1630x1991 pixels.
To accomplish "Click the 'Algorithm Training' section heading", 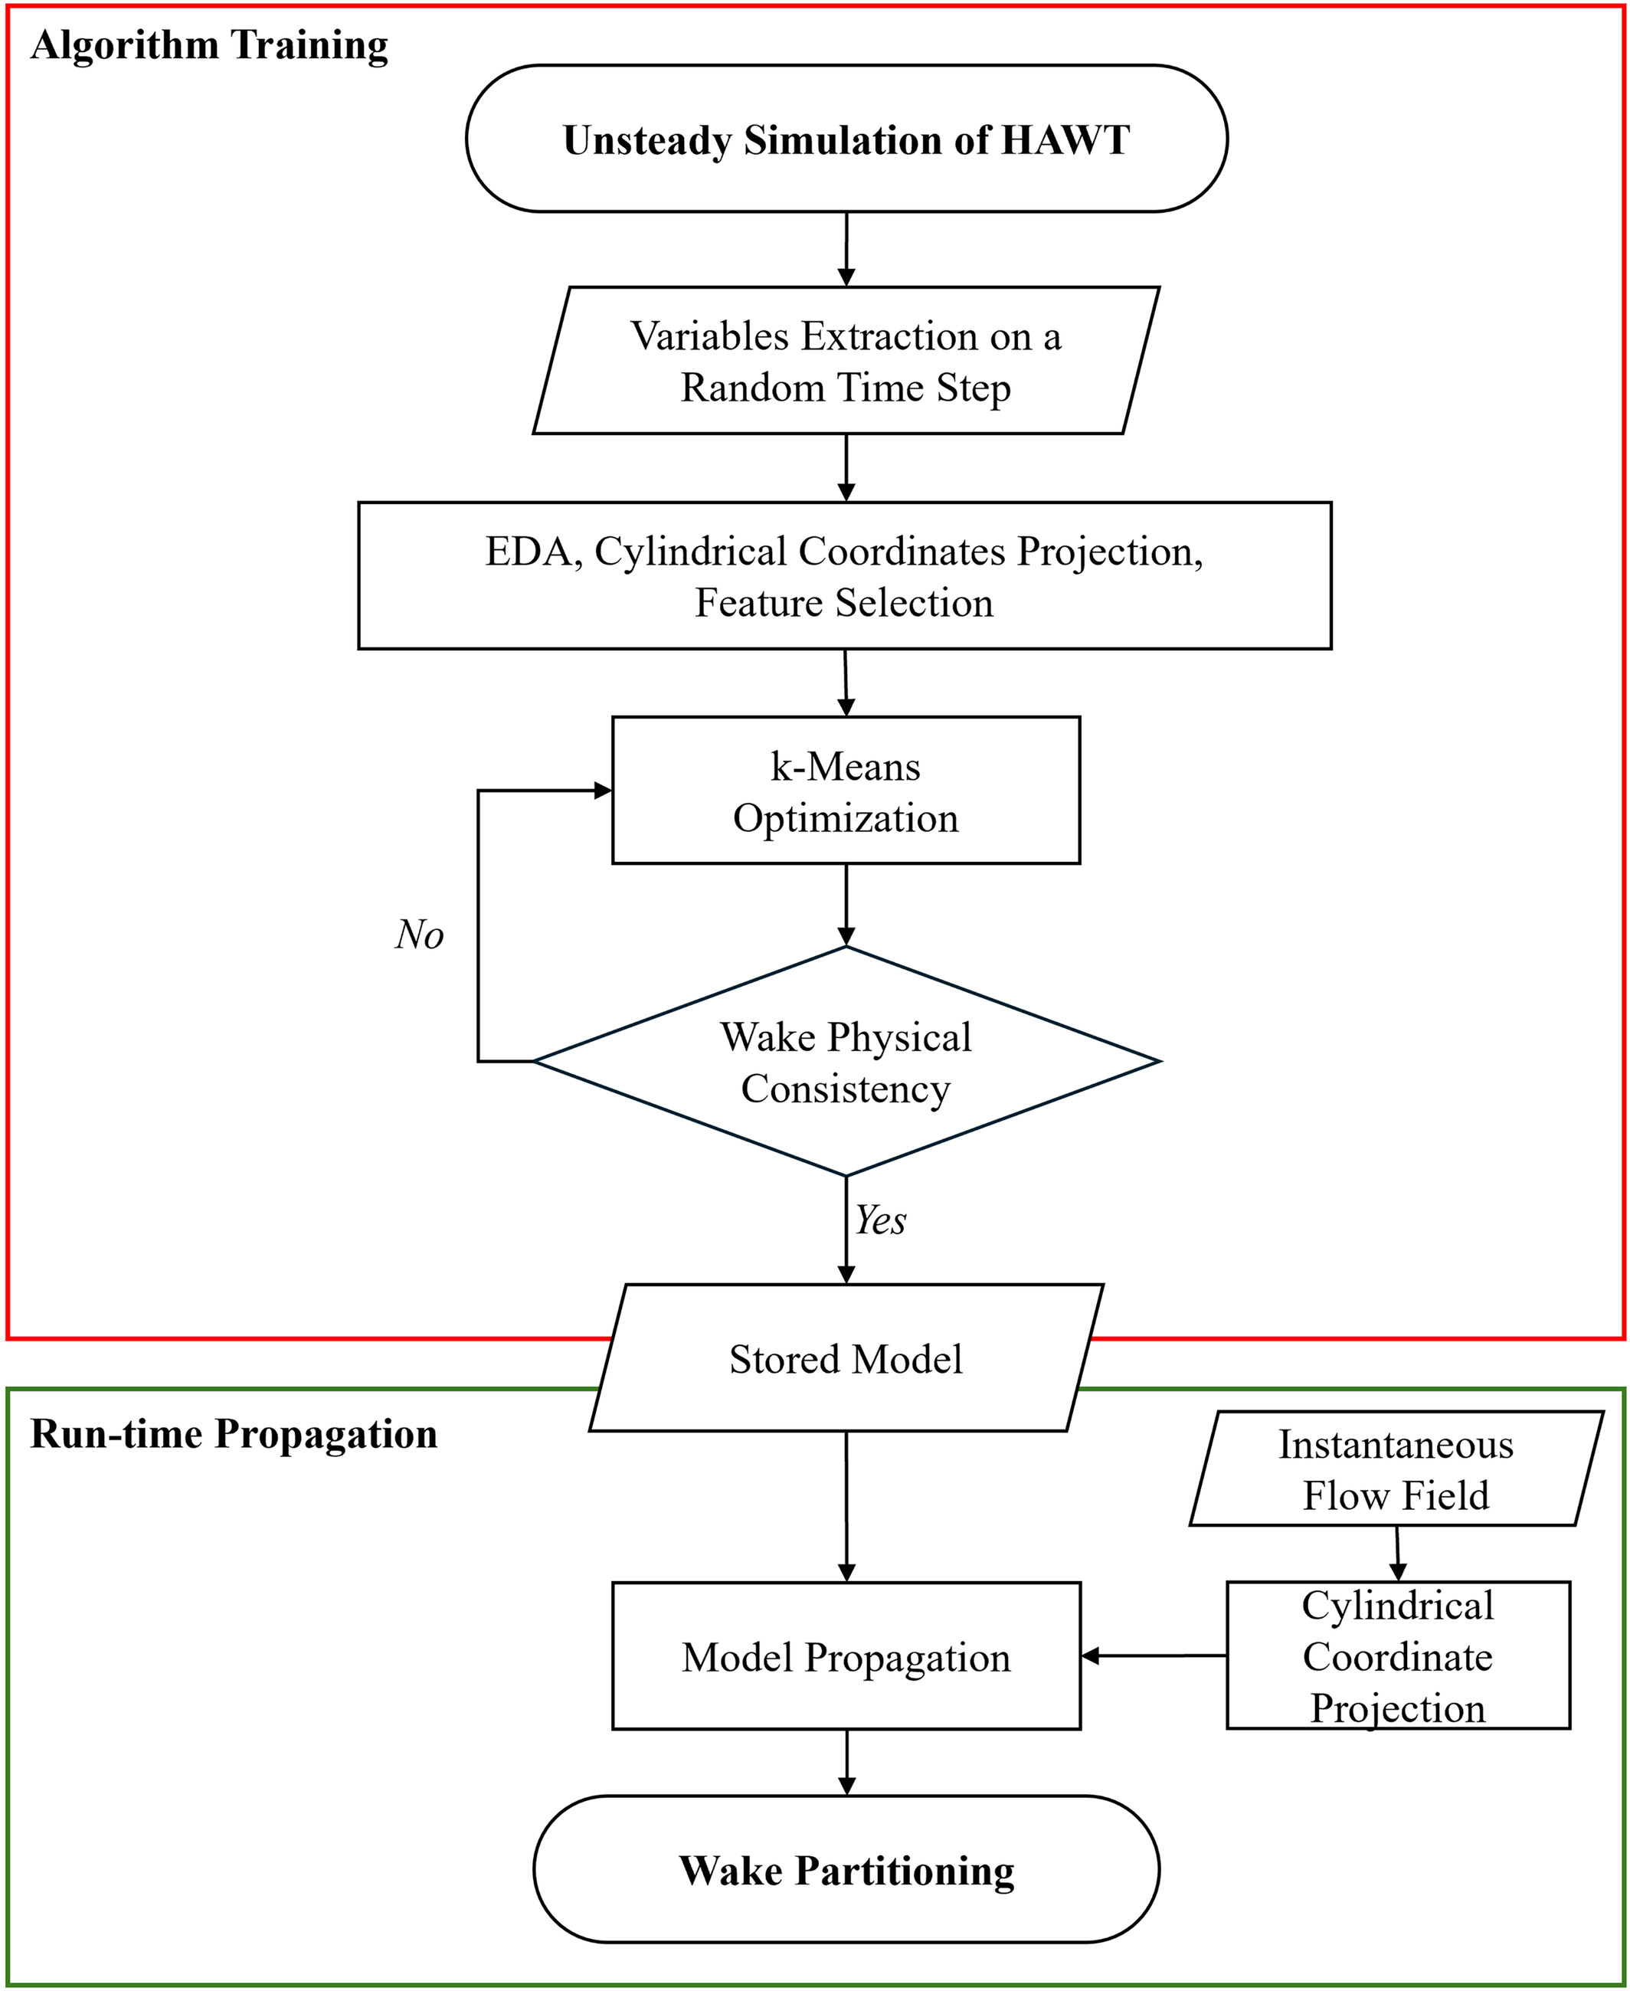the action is coord(209,46).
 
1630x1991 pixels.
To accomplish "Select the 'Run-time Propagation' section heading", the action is coord(234,1434).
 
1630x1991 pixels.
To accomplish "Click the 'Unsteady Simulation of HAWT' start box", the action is coord(846,138).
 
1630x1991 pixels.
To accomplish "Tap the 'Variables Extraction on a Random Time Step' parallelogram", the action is coord(846,361).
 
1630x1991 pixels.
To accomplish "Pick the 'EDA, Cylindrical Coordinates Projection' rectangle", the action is coord(844,576).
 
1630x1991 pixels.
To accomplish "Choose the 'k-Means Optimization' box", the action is coord(846,791).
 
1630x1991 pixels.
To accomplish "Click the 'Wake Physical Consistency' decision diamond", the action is coord(846,1061).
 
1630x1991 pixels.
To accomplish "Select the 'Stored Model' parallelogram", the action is coord(846,1358).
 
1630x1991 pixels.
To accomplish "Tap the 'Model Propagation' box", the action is coord(846,1657).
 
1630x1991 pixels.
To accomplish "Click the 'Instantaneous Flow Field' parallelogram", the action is coord(1396,1469).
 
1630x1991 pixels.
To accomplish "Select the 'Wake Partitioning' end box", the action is coord(846,1870).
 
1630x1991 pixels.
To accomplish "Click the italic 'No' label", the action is coord(419,935).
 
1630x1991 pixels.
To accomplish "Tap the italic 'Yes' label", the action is coord(881,1221).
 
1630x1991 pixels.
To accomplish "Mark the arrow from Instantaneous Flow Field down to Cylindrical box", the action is coord(1397,1554).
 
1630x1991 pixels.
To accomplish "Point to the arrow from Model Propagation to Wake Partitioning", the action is coord(847,1763).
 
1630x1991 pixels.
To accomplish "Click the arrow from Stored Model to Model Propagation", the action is coord(847,1508).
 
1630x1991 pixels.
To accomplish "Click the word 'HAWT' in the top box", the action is coord(1065,140).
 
